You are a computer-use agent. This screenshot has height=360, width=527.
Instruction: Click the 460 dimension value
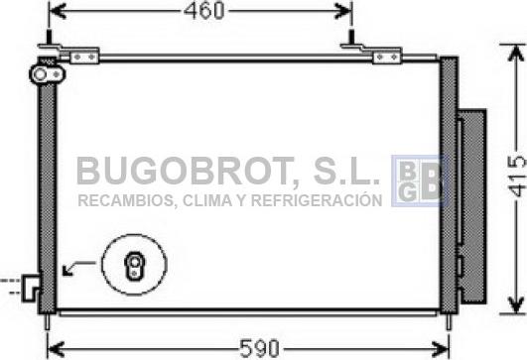coord(203,10)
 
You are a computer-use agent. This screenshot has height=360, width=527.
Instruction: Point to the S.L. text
coord(346,171)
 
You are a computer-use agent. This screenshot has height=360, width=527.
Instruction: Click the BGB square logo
coord(419,180)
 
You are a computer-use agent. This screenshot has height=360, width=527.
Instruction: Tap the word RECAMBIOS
coord(126,200)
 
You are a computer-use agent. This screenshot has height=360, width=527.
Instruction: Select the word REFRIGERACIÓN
coord(317,199)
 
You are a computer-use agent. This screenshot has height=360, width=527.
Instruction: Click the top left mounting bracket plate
coord(84,58)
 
